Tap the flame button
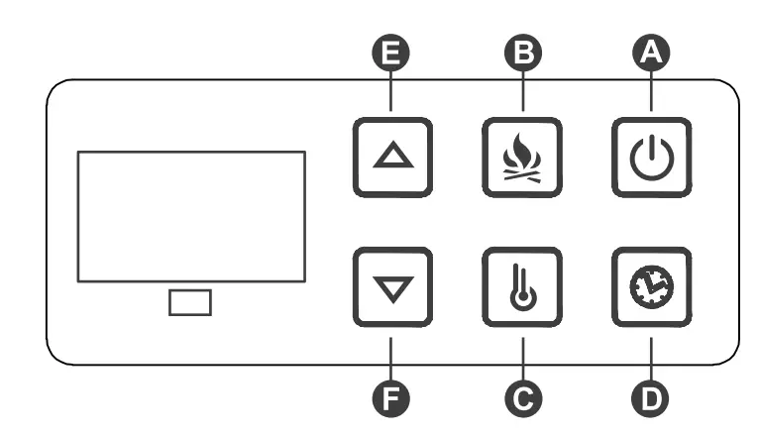522,156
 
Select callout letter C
522,396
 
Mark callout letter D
651,396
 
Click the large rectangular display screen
190,216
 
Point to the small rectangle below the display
189,302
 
